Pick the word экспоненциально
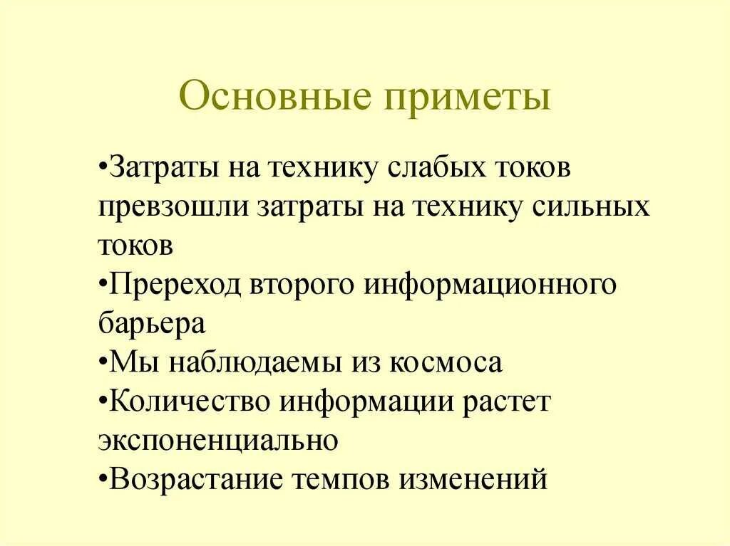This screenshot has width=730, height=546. click(x=217, y=440)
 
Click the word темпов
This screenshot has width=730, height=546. click(x=339, y=478)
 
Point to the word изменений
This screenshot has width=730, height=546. click(x=473, y=478)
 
